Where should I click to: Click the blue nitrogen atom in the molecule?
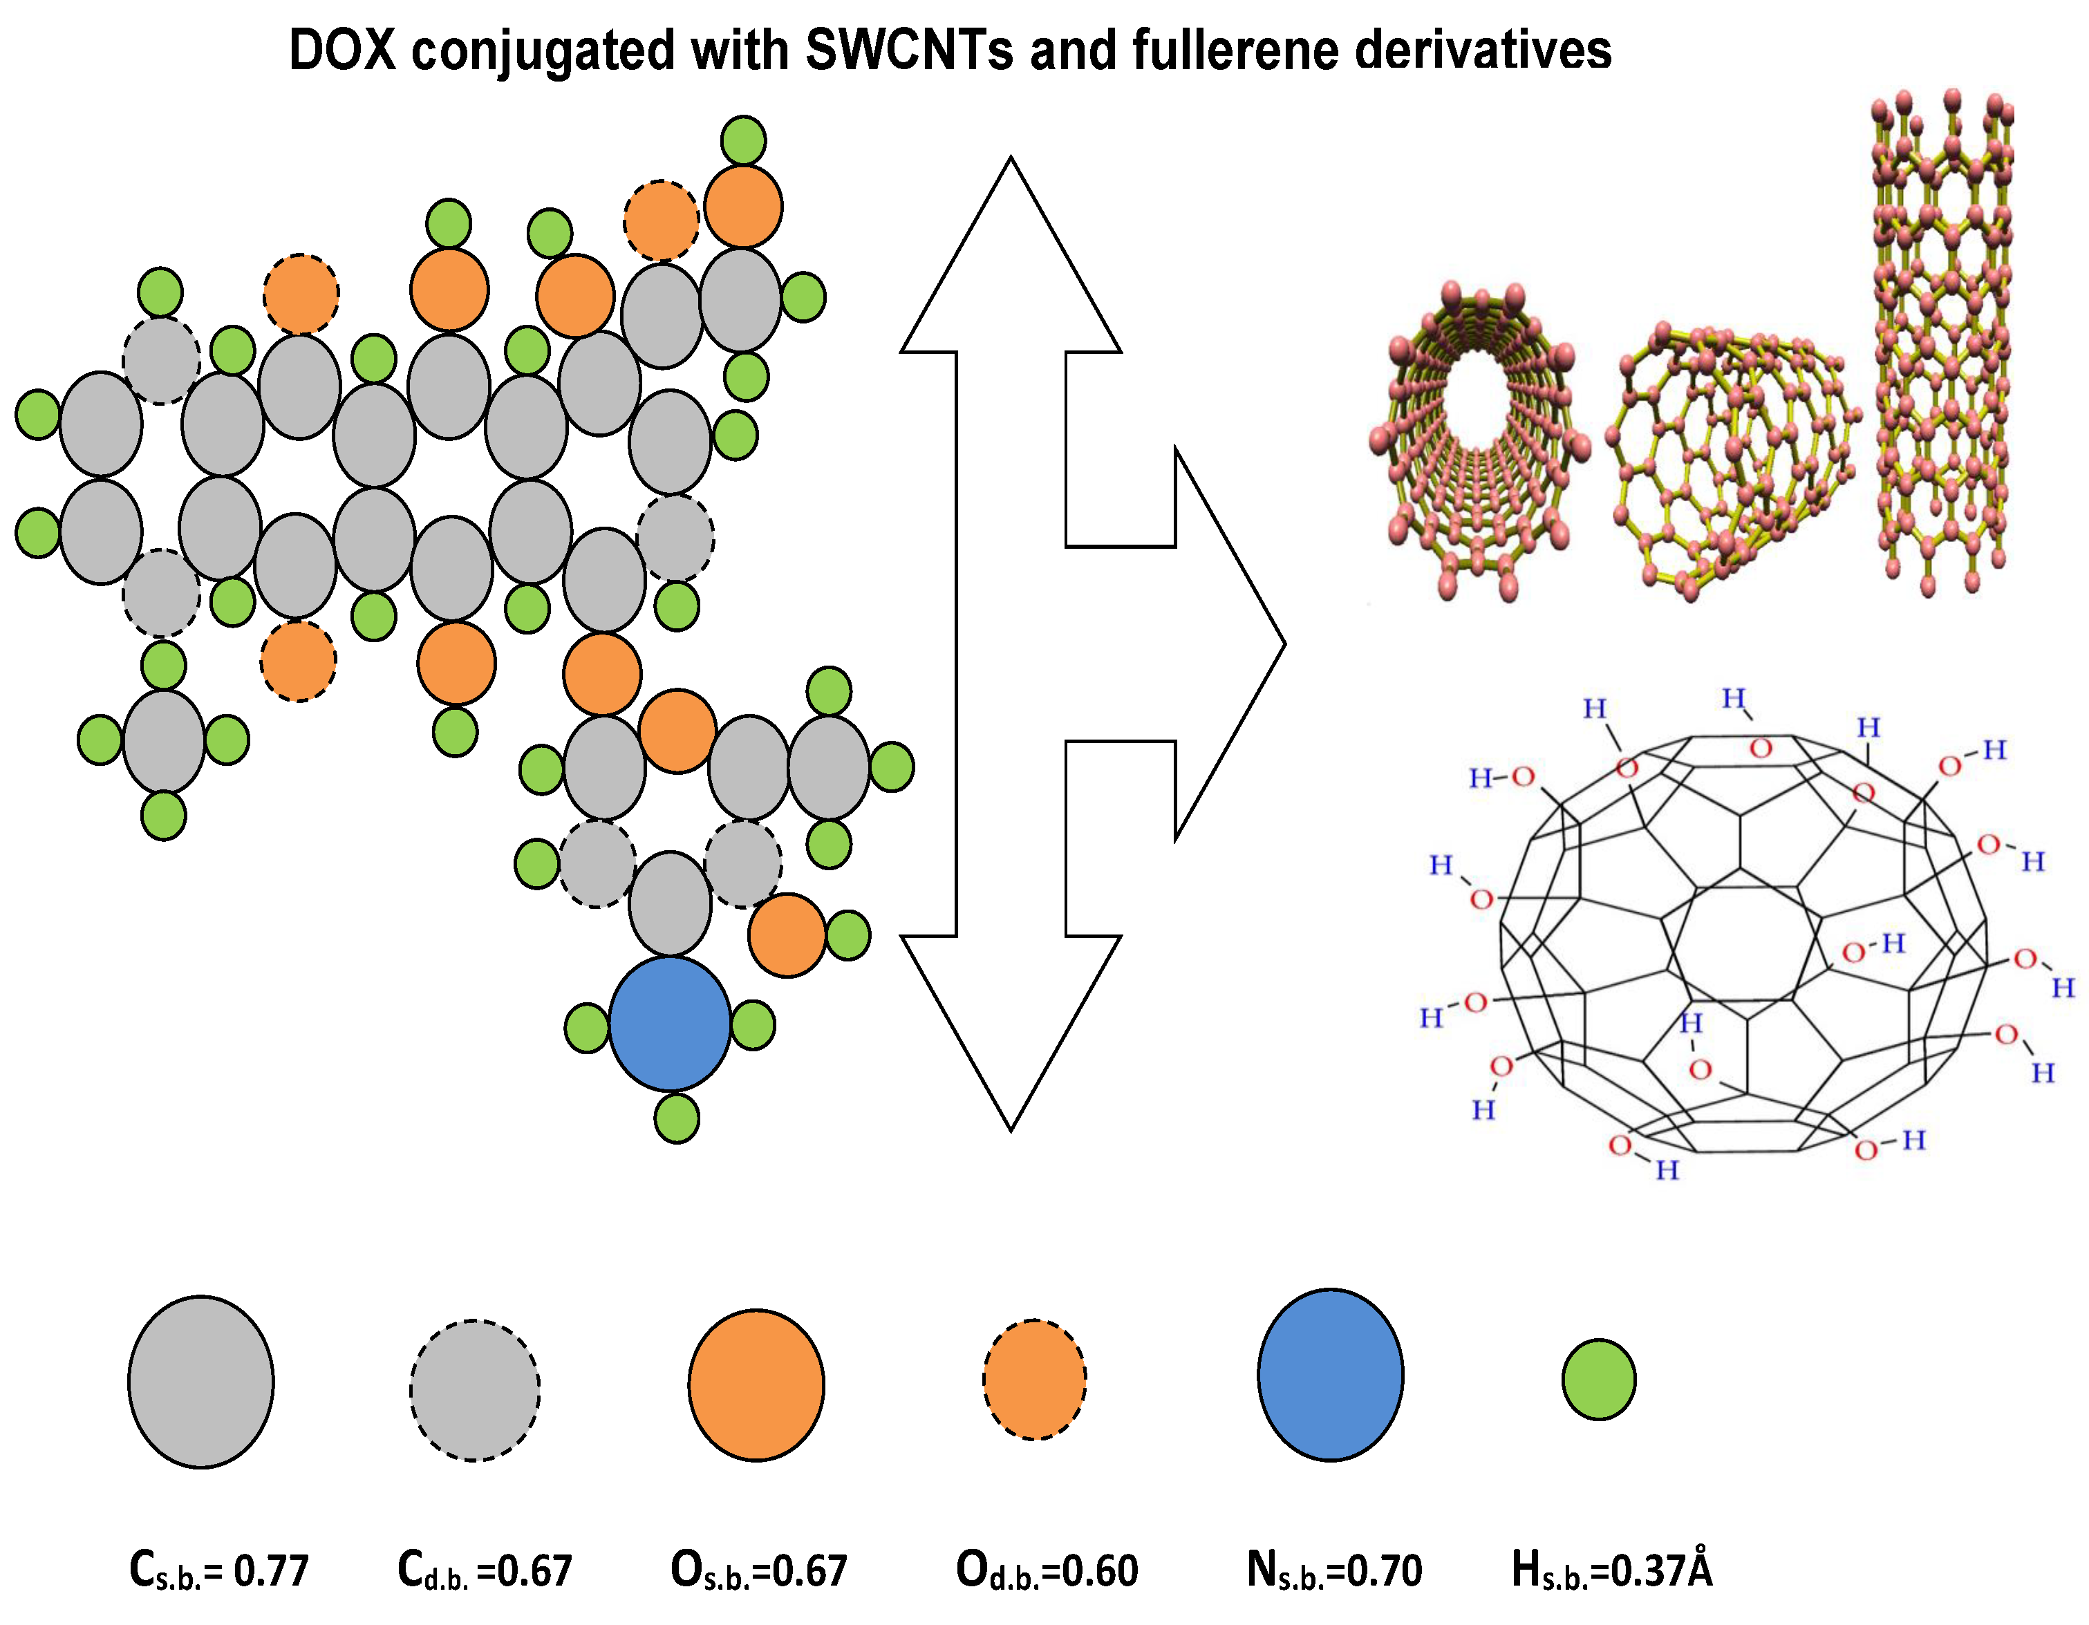click(670, 1024)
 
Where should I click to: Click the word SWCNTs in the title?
click(909, 50)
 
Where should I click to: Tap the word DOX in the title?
click(342, 50)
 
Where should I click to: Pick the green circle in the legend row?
click(1598, 1379)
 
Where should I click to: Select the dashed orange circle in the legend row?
click(1035, 1379)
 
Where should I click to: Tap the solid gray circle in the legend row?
click(201, 1382)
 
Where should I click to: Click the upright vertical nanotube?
click(1942, 344)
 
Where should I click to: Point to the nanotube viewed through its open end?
click(1481, 440)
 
